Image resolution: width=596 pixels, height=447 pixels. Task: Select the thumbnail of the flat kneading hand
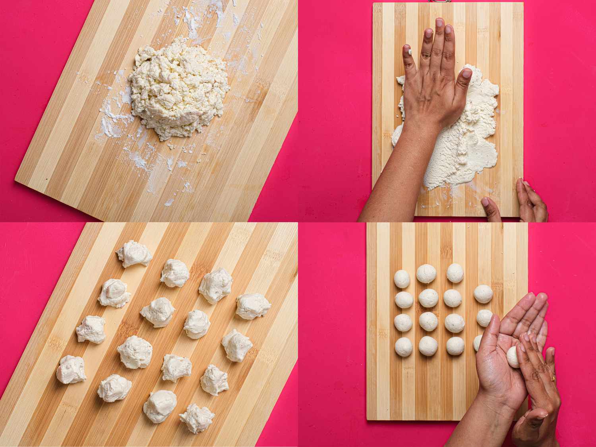pos(466,74)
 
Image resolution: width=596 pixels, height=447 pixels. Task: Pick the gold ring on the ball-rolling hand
pos(553,378)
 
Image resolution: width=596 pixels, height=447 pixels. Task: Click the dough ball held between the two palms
pos(513,356)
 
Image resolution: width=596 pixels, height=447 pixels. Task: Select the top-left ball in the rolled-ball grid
pos(402,279)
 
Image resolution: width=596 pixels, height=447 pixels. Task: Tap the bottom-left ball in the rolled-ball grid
pos(403,347)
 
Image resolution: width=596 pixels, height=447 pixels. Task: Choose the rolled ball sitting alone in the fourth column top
pos(484,294)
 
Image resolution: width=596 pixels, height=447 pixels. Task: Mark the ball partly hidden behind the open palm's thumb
pos(477,343)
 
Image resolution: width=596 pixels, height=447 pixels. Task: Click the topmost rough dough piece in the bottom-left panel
pos(134,253)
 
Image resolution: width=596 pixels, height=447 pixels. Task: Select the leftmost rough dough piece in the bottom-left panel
pos(71,369)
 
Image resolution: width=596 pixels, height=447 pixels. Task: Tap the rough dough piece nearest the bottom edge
pos(197,418)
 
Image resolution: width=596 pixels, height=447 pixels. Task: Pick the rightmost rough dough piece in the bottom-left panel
pos(253,306)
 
